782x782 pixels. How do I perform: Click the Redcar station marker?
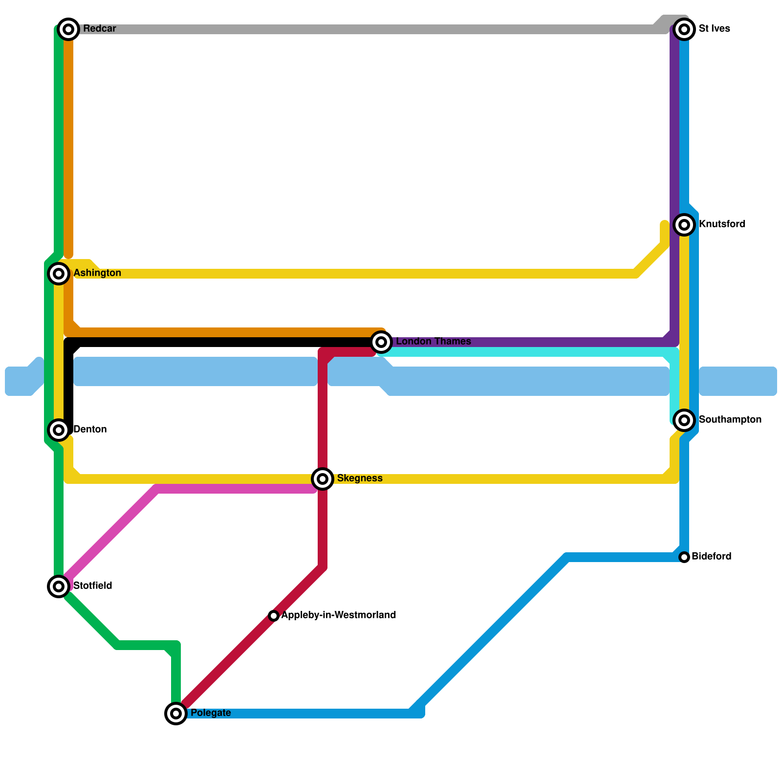(68, 29)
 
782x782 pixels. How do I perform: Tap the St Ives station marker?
(684, 29)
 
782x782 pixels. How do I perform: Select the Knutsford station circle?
(684, 225)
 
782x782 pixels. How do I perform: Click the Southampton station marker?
(684, 420)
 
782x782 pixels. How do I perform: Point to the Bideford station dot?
(684, 557)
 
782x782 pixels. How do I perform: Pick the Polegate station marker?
(176, 714)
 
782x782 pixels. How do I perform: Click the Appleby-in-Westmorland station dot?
(274, 616)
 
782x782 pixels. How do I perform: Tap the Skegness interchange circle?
(323, 479)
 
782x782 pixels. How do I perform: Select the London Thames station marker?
(381, 342)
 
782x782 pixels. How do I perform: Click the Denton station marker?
(59, 430)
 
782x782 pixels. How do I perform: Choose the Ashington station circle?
(59, 274)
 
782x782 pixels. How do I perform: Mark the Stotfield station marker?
(59, 586)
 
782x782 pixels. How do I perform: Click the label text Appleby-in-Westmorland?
(338, 615)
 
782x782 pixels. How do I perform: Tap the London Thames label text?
(433, 342)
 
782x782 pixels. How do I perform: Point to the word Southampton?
(730, 420)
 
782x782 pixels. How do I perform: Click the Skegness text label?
(360, 478)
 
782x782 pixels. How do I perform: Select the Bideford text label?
(711, 557)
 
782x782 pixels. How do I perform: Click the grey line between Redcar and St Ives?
(367, 29)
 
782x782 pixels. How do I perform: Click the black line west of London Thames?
(220, 342)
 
